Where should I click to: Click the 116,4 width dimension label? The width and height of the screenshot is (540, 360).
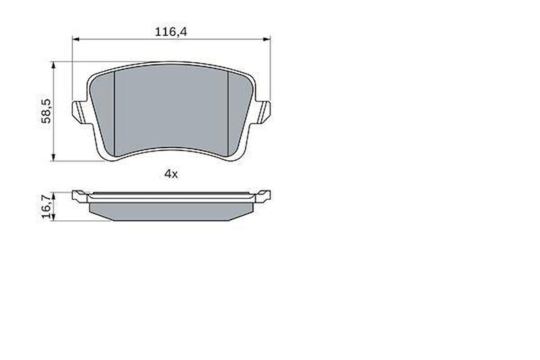coord(171,32)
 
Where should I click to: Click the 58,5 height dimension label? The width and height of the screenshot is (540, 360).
coord(46,111)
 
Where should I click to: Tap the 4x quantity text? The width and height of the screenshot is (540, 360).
coord(171,174)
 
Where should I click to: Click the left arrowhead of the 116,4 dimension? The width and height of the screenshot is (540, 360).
coord(76,39)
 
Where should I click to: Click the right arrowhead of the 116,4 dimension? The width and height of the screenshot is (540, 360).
coord(266,39)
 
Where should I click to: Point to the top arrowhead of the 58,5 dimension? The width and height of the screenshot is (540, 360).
coord(53,65)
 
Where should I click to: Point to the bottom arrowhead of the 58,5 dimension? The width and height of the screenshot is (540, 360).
coord(53,157)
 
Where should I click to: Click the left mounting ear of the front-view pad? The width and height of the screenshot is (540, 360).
coord(79,112)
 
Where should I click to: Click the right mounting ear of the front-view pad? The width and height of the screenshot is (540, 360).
coord(264,112)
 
